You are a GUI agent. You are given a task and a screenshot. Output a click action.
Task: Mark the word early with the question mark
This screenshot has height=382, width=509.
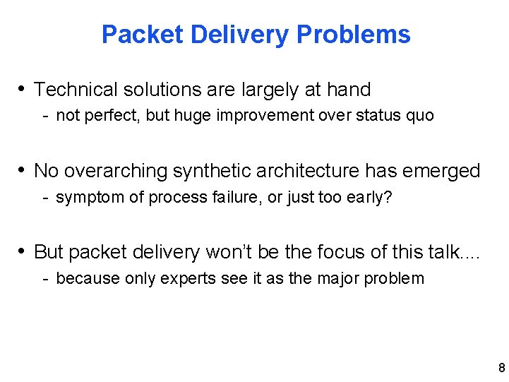pos(367,197)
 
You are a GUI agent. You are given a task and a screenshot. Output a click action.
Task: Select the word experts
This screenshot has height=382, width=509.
pos(188,278)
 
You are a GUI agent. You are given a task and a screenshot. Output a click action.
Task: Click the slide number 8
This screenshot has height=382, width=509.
pos(501,367)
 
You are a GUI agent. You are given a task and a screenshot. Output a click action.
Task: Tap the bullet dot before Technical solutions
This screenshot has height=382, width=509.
pos(23,89)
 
